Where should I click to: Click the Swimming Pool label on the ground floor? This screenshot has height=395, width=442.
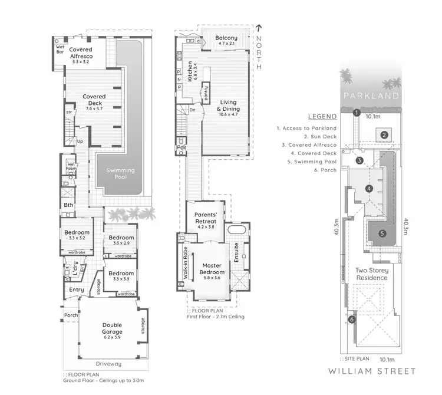[x=120, y=174]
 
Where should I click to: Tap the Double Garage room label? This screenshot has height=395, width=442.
[x=112, y=328]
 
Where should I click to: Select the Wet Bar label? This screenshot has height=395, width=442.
[x=60, y=48]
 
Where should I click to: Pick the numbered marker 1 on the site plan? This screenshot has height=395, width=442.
[x=357, y=113]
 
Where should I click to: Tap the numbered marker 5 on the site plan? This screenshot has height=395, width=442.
[x=382, y=233]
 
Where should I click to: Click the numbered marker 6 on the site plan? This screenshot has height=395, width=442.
[x=352, y=320]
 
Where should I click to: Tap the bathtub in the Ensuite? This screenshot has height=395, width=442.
[x=239, y=229]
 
